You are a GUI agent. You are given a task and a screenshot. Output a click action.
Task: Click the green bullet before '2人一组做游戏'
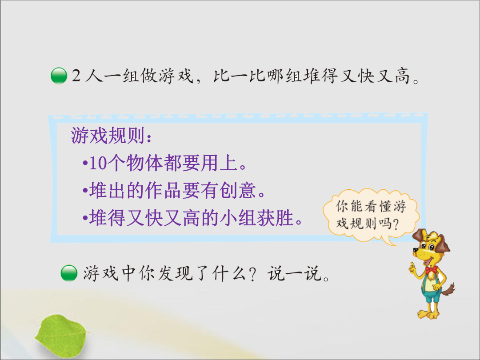59,76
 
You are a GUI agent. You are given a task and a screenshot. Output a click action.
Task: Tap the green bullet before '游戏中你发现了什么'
69,273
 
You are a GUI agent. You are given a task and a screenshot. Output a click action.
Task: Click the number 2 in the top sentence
76,76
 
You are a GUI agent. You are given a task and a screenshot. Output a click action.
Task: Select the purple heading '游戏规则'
108,136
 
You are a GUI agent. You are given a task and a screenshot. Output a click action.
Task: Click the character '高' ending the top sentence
402,76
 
